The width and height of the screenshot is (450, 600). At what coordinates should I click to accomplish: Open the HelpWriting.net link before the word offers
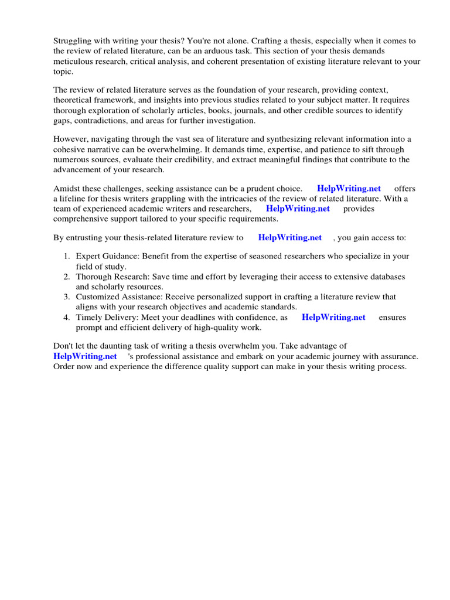tap(349, 189)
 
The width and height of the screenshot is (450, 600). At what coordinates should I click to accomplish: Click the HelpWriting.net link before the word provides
tap(298, 209)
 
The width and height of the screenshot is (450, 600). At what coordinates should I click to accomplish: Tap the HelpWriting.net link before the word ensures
tap(333, 318)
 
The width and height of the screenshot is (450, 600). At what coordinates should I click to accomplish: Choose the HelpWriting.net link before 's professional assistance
tap(85, 356)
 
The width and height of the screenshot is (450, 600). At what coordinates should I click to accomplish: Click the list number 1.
tap(66, 257)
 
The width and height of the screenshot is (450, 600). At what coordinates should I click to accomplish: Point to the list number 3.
tap(66, 297)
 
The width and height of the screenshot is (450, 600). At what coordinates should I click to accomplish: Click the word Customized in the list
tap(97, 297)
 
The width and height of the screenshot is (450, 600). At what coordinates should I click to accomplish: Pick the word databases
tap(385, 277)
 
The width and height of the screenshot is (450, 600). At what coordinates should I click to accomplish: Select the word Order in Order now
tap(65, 366)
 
